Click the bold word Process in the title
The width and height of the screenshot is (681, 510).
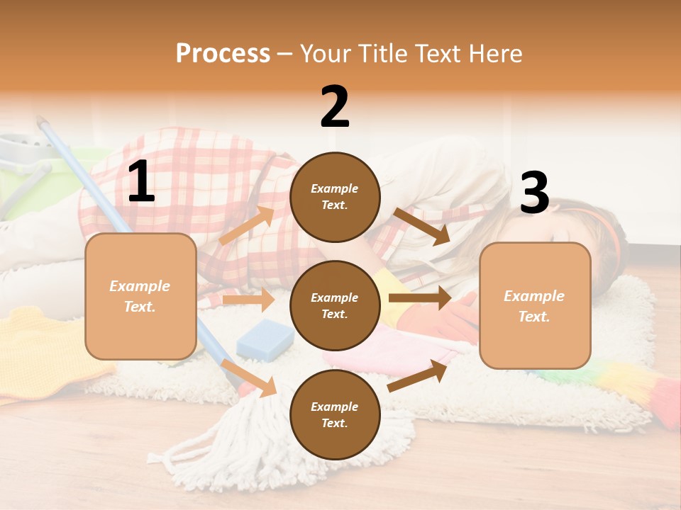[x=223, y=53]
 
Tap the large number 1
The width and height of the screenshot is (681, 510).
[x=141, y=182]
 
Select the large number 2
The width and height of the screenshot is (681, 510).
[x=335, y=107]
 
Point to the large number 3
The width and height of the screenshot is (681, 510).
[x=534, y=193]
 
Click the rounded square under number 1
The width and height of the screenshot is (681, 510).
[x=140, y=296]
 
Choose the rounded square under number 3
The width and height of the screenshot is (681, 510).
[x=535, y=305]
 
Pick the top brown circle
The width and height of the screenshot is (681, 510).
[x=335, y=197]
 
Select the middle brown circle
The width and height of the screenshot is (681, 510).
[x=335, y=305]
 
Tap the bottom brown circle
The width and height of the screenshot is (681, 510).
[x=335, y=414]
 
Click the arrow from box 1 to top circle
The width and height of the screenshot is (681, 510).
[x=247, y=225]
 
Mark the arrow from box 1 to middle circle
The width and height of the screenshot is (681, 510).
[x=248, y=300]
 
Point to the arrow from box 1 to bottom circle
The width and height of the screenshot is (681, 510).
[x=248, y=377]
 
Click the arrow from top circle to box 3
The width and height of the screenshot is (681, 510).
[x=422, y=225]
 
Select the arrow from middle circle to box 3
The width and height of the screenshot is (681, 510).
[x=419, y=297]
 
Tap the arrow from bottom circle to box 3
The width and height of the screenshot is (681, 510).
[x=417, y=375]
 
